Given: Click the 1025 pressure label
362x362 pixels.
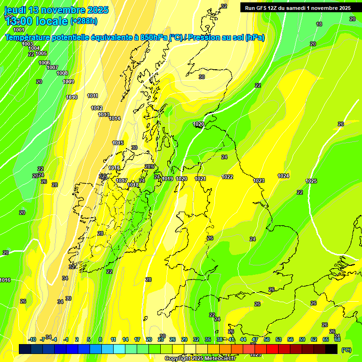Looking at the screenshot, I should click(311, 181).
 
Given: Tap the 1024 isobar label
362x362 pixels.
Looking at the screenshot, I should click(283, 176).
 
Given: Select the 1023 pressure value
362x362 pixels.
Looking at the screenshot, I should click(259, 181).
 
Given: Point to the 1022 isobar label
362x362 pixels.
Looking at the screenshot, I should click(227, 177).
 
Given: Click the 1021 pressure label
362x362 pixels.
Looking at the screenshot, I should click(200, 179).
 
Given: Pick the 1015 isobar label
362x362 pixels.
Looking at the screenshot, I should click(118, 143).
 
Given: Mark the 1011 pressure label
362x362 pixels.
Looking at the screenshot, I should click(93, 96).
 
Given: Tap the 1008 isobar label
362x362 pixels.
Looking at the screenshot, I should click(62, 73).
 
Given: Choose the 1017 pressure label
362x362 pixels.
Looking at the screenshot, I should click(122, 181).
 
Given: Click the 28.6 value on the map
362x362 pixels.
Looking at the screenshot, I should click(149, 166).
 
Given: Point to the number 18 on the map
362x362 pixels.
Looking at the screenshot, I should click(319, 24).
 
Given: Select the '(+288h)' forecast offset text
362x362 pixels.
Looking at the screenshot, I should click(84, 21).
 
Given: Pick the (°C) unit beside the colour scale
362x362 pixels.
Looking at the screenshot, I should click(346, 350).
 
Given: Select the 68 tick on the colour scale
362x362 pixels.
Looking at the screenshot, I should click(337, 339).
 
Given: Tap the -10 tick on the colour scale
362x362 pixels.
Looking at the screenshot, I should click(33, 339).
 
